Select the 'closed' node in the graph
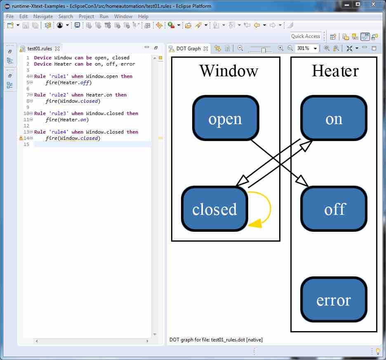click(x=214, y=209)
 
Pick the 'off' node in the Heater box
click(x=334, y=209)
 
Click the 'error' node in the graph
click(x=334, y=300)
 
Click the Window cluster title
click(x=228, y=71)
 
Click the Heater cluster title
click(x=335, y=71)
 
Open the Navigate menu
click(x=43, y=16)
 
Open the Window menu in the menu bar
click(x=123, y=16)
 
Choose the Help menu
click(x=143, y=16)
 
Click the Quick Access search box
click(x=305, y=36)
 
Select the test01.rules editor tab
click(x=39, y=49)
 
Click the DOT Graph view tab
click(x=188, y=49)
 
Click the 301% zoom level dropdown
click(x=307, y=48)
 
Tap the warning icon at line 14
click(x=21, y=138)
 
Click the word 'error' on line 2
click(x=128, y=64)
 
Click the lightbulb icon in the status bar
click(x=377, y=351)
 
